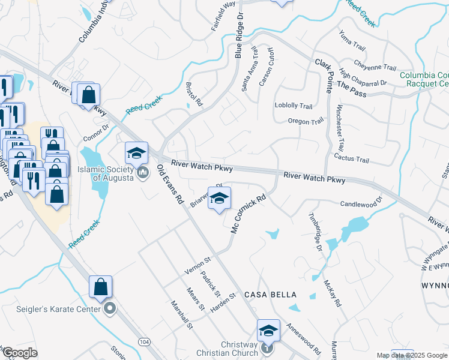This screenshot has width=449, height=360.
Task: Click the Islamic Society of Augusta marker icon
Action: pos(143,173)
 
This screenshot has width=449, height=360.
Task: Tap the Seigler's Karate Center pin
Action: pos(110,309)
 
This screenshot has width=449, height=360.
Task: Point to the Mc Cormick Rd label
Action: pos(248,213)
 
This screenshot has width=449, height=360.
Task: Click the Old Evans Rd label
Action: pos(170,186)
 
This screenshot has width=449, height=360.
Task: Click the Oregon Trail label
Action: pos(306,121)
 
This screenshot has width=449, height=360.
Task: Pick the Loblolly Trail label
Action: pos(294,106)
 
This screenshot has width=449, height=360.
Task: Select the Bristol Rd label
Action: pos(194,95)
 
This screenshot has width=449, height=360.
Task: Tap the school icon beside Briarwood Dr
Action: pos(219,199)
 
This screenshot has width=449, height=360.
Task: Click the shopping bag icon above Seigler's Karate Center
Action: pos(100,287)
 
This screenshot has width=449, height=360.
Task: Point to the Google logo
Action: pos(20,353)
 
